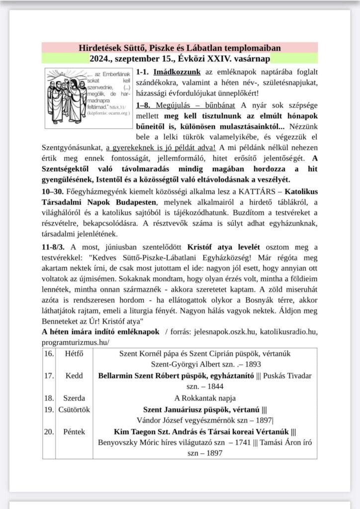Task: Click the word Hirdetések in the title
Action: pos(100,48)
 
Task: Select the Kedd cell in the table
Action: pos(74,375)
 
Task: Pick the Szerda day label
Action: pos(74,398)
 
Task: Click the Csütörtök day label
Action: pos(74,410)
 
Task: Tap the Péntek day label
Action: pos(74,431)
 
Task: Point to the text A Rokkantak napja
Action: pos(205,398)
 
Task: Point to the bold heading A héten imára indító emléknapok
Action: pos(100,332)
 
